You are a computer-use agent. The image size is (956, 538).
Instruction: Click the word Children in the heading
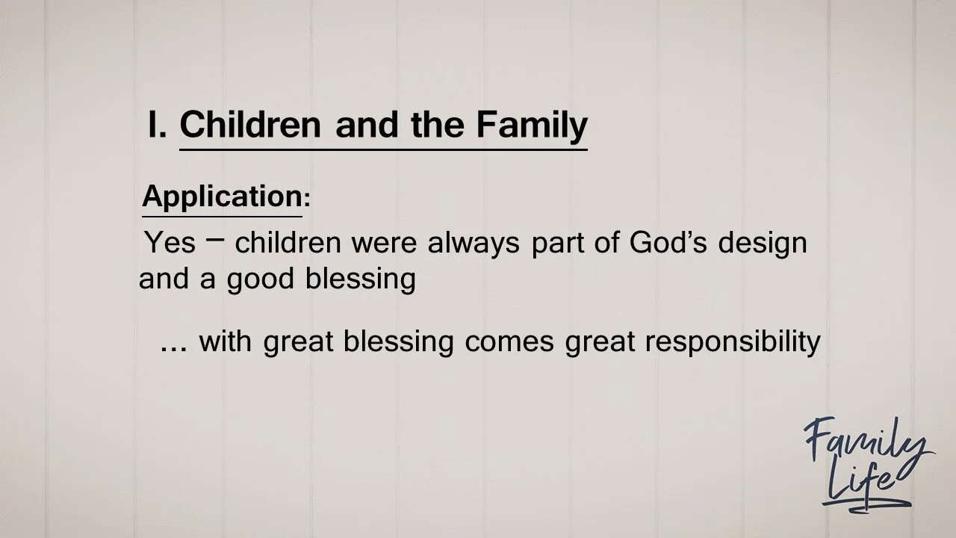[x=249, y=125]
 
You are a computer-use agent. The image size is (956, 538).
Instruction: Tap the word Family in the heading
[x=532, y=126]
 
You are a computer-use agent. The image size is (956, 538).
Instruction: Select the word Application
[x=222, y=197]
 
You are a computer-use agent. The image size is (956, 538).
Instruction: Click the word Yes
[x=170, y=243]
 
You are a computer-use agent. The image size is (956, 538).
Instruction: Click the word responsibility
[x=733, y=343]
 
